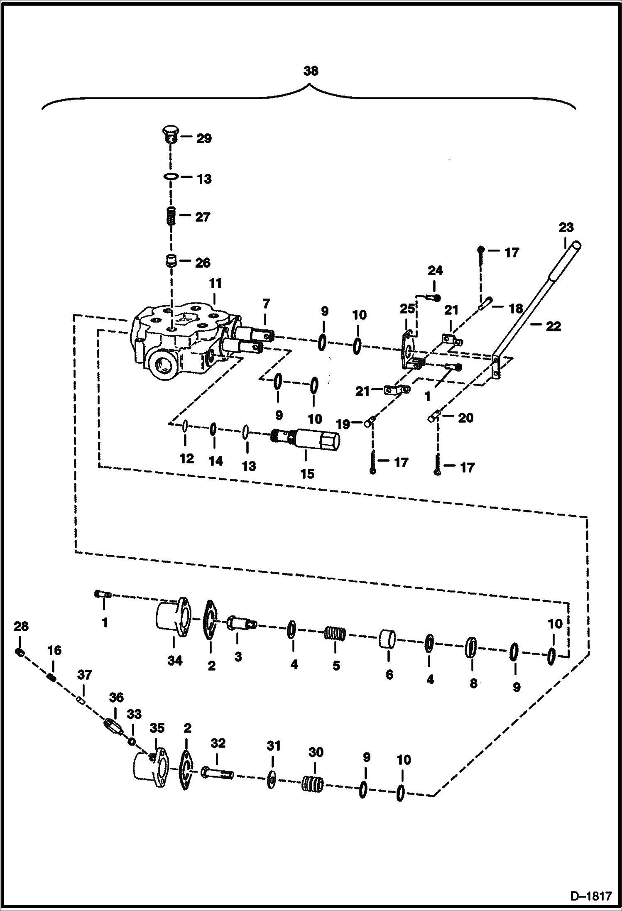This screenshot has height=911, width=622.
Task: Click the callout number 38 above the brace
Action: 311,71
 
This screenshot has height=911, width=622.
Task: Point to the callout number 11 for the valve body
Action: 215,284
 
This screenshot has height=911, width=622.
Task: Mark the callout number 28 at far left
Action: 21,627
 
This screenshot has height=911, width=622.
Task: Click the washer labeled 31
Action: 271,779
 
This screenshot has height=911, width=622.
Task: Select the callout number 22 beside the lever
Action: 553,326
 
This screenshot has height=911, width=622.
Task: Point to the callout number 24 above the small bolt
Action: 435,271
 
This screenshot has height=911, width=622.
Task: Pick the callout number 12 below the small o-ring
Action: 187,459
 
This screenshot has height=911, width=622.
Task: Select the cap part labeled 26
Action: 169,262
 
